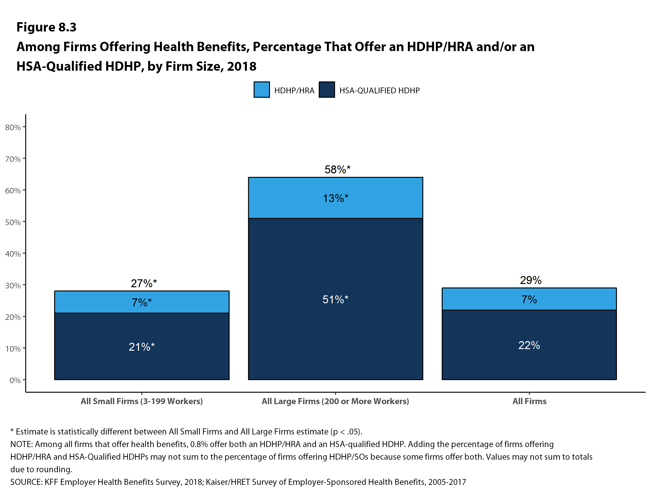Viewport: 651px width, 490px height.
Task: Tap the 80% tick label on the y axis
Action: pyautogui.click(x=13, y=127)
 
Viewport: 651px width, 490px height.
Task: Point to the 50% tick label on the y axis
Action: pyautogui.click(x=13, y=222)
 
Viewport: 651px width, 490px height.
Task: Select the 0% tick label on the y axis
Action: pyautogui.click(x=15, y=380)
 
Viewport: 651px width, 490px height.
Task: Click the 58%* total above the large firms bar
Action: pyautogui.click(x=337, y=169)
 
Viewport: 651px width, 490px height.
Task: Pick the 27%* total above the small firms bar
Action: pyautogui.click(x=144, y=283)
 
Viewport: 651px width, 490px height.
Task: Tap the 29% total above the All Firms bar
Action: pyautogui.click(x=530, y=280)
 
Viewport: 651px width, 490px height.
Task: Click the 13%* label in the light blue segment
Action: pyautogui.click(x=335, y=198)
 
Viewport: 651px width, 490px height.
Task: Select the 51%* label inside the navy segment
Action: pyautogui.click(x=335, y=300)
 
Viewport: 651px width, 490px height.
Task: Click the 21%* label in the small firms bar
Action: pyautogui.click(x=142, y=347)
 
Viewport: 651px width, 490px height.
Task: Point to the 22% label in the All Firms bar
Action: pyautogui.click(x=529, y=345)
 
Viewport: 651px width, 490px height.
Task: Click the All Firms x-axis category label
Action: pyautogui.click(x=529, y=401)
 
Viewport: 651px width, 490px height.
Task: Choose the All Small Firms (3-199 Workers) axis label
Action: pyautogui.click(x=142, y=401)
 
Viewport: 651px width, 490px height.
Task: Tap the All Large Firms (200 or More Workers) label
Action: pyautogui.click(x=335, y=401)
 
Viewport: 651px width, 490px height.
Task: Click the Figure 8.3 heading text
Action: pyautogui.click(x=46, y=27)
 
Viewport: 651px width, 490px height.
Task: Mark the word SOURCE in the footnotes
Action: pyautogui.click(x=26, y=482)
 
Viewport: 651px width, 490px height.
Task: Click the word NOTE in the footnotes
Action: pyautogui.click(x=21, y=444)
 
